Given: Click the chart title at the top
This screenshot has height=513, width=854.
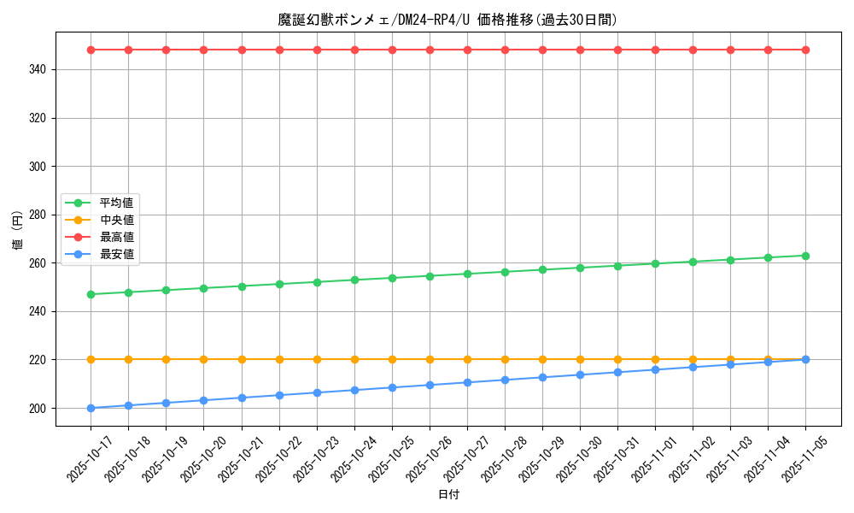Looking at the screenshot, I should tap(447, 20).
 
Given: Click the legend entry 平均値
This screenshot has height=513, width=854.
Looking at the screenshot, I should tap(117, 203).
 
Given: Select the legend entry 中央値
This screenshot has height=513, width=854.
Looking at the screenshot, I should tap(117, 220).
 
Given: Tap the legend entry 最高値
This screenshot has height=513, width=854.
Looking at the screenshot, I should tap(117, 237).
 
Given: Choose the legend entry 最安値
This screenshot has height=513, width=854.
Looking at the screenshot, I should tap(117, 254).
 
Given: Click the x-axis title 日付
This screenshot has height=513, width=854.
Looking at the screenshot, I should tap(448, 495).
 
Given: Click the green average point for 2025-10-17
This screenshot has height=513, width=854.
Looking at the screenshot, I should tap(91, 294).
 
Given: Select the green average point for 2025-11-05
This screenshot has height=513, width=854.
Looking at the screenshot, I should tap(805, 256).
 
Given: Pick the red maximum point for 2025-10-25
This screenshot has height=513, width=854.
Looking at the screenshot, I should tap(392, 50).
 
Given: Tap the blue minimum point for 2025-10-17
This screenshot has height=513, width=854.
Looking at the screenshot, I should tap(91, 408).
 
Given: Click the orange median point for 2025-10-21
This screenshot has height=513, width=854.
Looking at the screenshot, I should tap(242, 359).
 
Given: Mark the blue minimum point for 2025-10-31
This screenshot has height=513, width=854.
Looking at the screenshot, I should tap(617, 372).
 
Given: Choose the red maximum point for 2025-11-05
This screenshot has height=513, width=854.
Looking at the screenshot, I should tap(805, 50).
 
